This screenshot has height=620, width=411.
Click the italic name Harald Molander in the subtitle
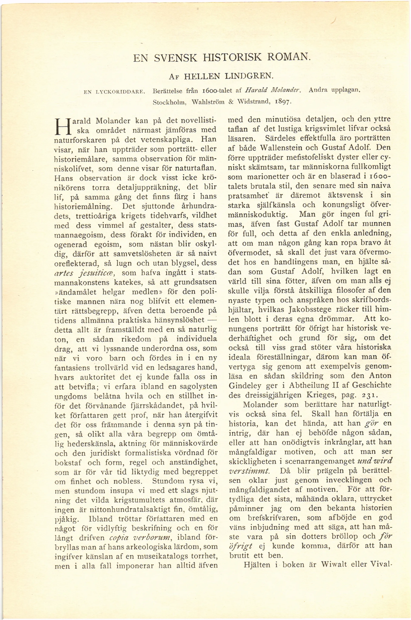[x=273, y=91]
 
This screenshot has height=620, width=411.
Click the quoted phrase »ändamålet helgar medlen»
[x=105, y=292]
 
